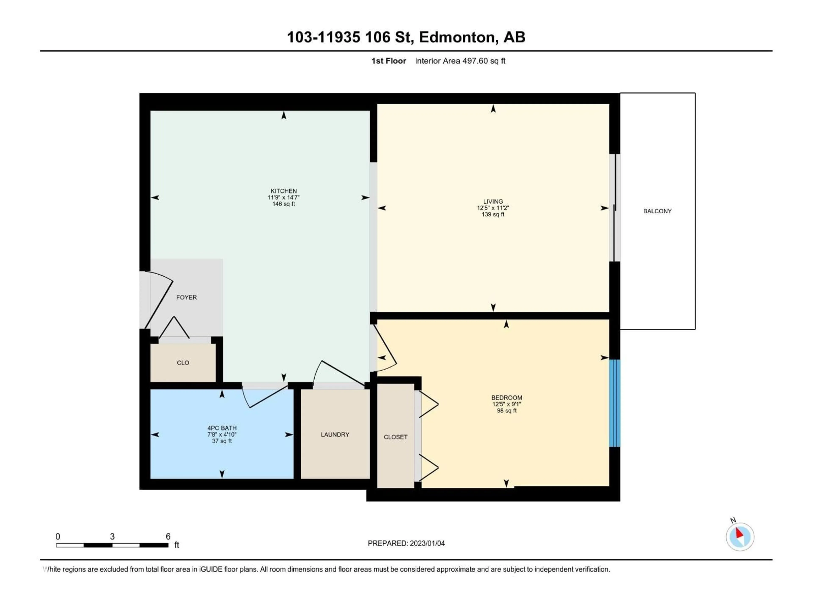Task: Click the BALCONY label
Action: pyautogui.click(x=657, y=211)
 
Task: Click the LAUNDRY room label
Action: pyautogui.click(x=335, y=435)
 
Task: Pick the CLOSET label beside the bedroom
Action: pyautogui.click(x=395, y=437)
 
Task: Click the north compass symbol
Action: pyautogui.click(x=740, y=537)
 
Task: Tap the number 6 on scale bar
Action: pyautogui.click(x=168, y=536)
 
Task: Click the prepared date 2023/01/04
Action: pyautogui.click(x=427, y=543)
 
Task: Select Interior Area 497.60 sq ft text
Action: pyautogui.click(x=460, y=61)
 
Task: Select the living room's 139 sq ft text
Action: pyautogui.click(x=493, y=214)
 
